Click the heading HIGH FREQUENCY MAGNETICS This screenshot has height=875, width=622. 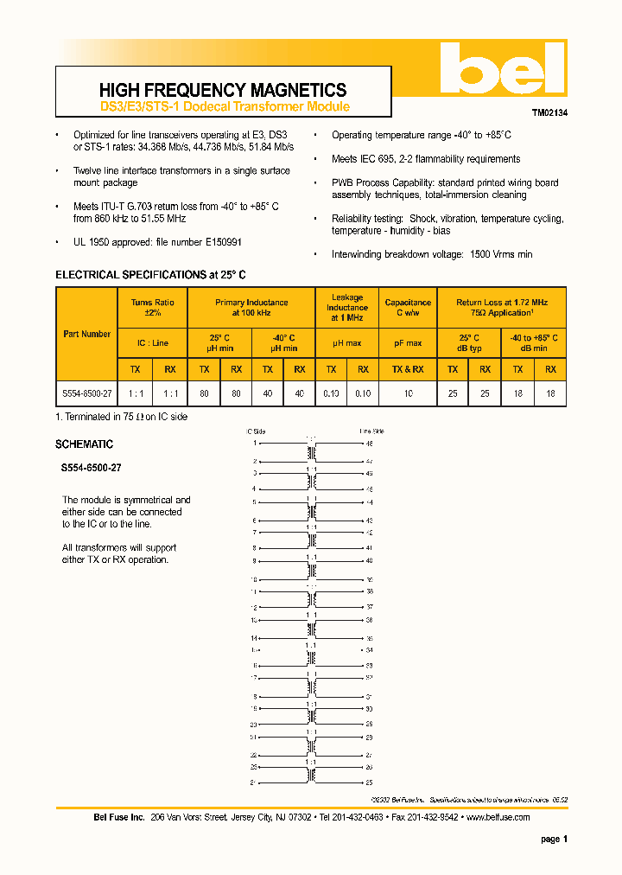(x=223, y=90)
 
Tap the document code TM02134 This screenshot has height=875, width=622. (x=549, y=112)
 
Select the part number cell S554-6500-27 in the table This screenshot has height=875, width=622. (x=86, y=393)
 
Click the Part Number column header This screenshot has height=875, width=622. (x=86, y=334)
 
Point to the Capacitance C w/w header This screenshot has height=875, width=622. (x=408, y=308)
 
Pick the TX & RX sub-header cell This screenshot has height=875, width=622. (x=408, y=369)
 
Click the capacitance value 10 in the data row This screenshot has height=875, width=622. (x=408, y=393)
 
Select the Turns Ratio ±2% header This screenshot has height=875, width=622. (x=153, y=308)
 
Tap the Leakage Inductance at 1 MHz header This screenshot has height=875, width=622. (x=347, y=308)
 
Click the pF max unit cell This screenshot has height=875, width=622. (x=408, y=343)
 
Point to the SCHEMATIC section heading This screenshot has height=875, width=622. (x=84, y=444)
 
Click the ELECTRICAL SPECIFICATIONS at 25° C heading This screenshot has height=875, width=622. (x=150, y=275)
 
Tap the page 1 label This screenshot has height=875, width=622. (x=554, y=839)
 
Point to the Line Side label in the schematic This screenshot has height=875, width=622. (x=371, y=430)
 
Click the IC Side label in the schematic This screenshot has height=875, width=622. (x=256, y=430)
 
